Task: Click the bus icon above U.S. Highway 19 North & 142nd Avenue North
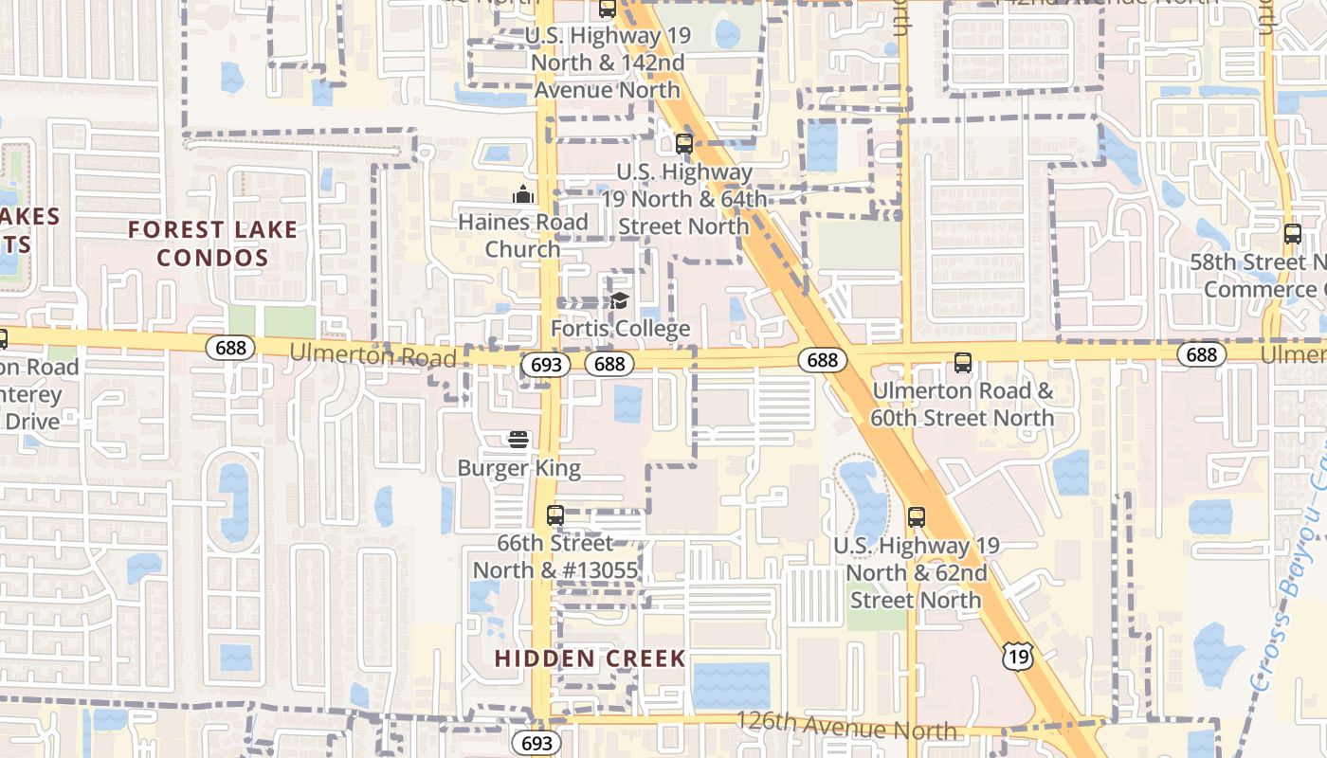[x=607, y=9]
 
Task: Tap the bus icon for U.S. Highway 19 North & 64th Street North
[x=683, y=144]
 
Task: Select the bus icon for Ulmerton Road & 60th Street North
[x=963, y=362]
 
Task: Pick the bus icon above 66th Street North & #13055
[x=555, y=515]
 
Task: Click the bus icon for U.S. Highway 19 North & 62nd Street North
[x=916, y=517]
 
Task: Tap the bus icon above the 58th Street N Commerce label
[x=1293, y=234]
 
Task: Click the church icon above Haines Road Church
[x=523, y=195]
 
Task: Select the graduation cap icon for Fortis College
[x=620, y=301]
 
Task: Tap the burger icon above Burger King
[x=518, y=440]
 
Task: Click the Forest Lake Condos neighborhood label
[x=212, y=244]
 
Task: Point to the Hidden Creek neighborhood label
[x=590, y=659]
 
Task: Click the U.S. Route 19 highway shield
[x=1018, y=654]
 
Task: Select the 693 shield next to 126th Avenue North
[x=536, y=742]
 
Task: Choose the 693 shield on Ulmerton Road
[x=545, y=364]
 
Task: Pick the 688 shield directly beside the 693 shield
[x=609, y=364]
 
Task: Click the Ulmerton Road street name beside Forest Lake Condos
[x=373, y=354]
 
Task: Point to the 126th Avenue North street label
[x=845, y=726]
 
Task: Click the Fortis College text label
[x=621, y=329]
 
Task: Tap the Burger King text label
[x=518, y=468]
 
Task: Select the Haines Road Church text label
[x=523, y=235]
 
